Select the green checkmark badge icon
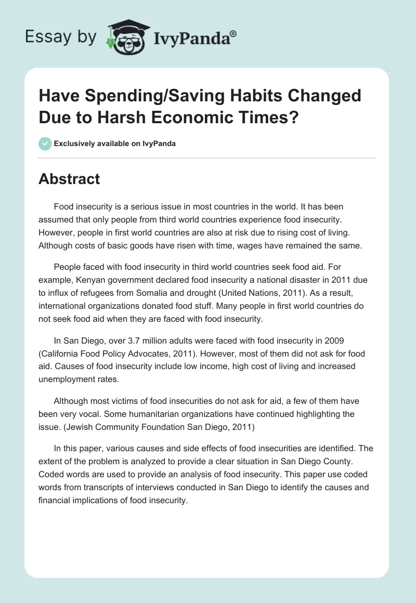coord(45,143)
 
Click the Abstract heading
coord(69,179)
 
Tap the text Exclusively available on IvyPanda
coord(115,143)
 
